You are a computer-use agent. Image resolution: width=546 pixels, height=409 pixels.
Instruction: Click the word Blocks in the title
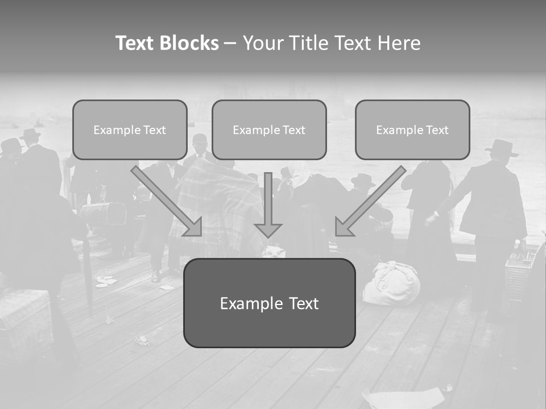click(x=189, y=43)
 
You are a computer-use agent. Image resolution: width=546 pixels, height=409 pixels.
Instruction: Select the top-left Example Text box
click(x=130, y=130)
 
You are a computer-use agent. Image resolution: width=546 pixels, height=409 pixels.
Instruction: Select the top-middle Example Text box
click(x=269, y=130)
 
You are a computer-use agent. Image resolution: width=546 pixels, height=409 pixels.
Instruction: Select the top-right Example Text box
click(x=412, y=130)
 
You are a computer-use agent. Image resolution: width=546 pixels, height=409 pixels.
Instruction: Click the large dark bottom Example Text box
click(x=269, y=303)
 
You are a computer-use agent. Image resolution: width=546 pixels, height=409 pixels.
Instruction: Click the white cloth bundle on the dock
click(x=391, y=283)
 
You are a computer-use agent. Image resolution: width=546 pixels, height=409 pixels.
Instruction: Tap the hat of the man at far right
click(x=502, y=148)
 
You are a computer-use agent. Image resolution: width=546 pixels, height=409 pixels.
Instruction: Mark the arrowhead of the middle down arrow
click(x=268, y=229)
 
